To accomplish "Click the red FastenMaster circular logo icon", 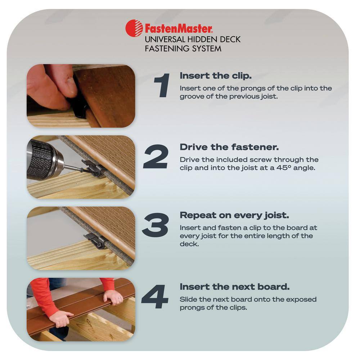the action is click(134, 28).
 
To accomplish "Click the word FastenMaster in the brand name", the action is click(179, 29).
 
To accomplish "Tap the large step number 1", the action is click(162, 85).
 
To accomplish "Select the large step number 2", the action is click(156, 157).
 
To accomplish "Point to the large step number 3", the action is click(156, 225).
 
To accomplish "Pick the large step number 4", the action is click(155, 296).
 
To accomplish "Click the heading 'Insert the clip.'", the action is click(216, 76).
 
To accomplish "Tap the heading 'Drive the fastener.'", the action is click(229, 147).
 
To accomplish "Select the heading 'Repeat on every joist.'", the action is click(234, 215).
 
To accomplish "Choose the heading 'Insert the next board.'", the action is click(234, 287).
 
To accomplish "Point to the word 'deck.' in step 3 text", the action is click(189, 244).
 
